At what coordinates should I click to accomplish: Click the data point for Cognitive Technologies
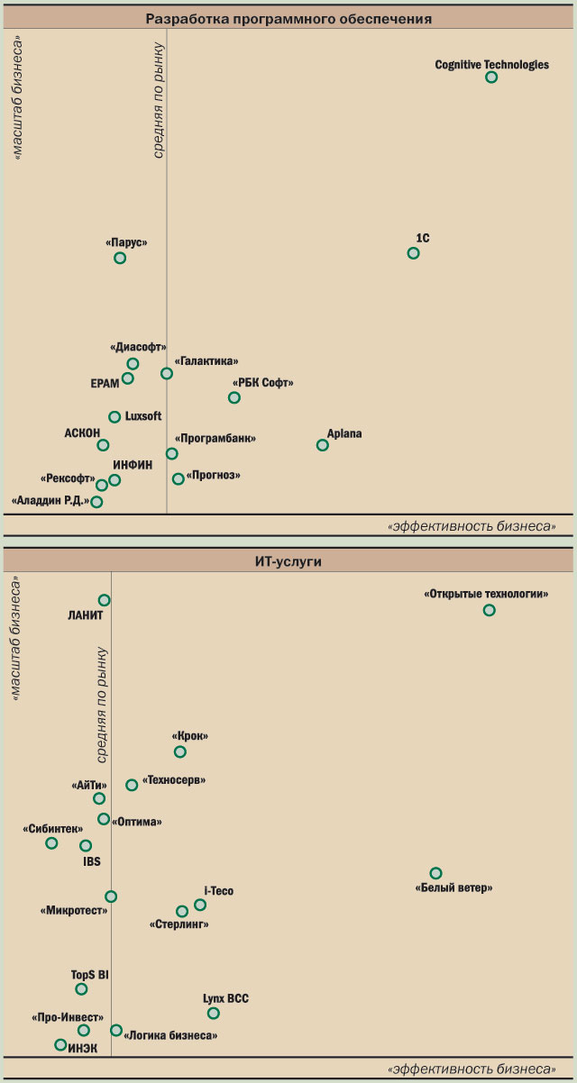(x=491, y=77)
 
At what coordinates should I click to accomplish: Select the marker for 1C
(x=414, y=253)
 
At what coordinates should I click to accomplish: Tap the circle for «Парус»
(x=120, y=259)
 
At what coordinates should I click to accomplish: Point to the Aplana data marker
(x=323, y=445)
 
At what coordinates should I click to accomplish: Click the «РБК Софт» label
(x=263, y=383)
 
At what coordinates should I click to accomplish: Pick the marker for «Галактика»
(x=167, y=374)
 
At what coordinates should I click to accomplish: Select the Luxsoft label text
(x=144, y=416)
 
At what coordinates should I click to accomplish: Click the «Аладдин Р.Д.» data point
(x=96, y=502)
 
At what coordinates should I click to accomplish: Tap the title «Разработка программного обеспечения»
(x=288, y=18)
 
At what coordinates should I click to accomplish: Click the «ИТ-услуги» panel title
(x=288, y=561)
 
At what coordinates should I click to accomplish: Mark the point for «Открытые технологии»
(x=490, y=610)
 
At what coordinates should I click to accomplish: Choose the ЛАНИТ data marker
(x=105, y=600)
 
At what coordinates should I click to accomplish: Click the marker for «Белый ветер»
(x=436, y=873)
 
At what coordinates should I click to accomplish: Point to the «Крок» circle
(x=180, y=751)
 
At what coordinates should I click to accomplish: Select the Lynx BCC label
(x=226, y=998)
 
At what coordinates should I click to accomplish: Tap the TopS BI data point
(x=81, y=988)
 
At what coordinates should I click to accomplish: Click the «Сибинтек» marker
(x=51, y=843)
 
